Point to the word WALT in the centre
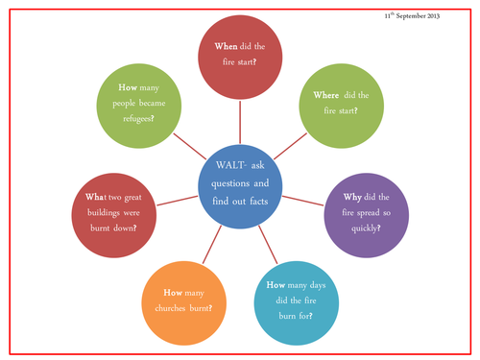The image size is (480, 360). (x=223, y=159)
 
